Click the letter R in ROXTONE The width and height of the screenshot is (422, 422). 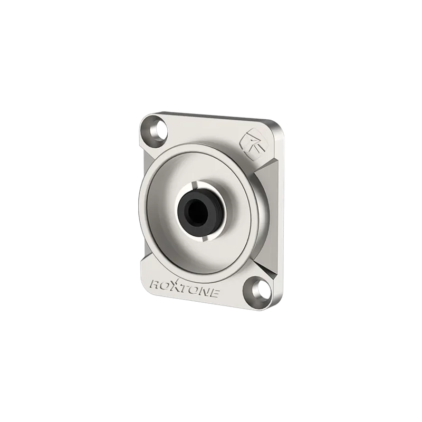click(156, 285)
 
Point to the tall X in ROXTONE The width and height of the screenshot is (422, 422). click(175, 286)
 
